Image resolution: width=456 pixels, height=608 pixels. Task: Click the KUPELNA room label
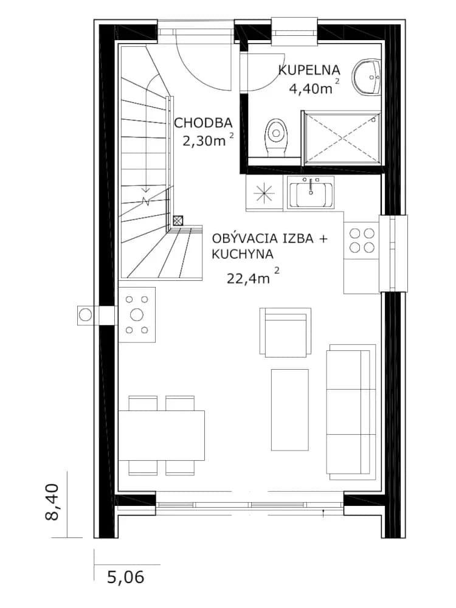click(x=309, y=70)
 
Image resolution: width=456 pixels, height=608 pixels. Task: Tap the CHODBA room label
click(x=203, y=123)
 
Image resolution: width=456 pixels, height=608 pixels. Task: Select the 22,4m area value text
click(x=248, y=278)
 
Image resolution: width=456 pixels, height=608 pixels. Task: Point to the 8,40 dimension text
click(x=52, y=502)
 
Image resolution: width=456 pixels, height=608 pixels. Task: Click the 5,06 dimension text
click(x=126, y=577)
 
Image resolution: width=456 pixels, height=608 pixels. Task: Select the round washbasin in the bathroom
click(x=367, y=77)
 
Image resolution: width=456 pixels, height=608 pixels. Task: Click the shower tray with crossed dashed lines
click(x=342, y=137)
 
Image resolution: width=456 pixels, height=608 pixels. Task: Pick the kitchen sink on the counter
click(x=310, y=192)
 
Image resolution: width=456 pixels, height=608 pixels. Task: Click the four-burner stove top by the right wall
click(x=362, y=240)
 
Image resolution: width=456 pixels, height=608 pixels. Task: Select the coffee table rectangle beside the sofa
click(x=289, y=410)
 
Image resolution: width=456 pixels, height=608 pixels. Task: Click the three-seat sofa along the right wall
click(x=351, y=409)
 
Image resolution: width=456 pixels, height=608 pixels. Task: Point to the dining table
click(x=161, y=435)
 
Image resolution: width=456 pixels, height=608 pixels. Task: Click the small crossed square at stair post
click(x=178, y=221)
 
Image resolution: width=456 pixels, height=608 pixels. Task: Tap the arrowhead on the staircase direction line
click(x=145, y=190)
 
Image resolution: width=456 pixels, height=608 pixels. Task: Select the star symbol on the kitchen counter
click(x=264, y=193)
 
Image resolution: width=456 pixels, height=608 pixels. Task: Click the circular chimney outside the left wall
click(x=85, y=315)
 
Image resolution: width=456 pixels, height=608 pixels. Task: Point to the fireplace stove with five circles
click(x=137, y=315)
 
